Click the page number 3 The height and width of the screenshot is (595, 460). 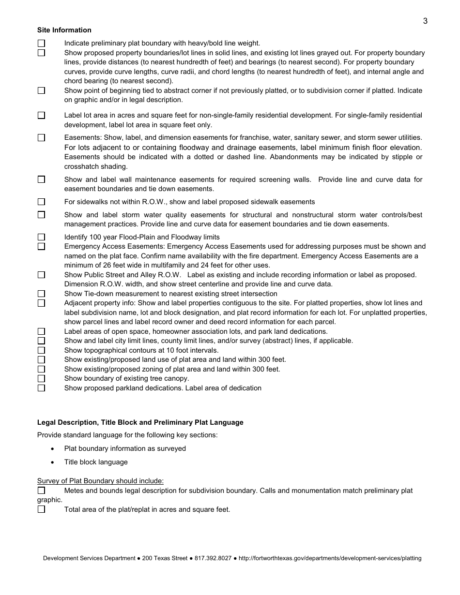(x=425, y=21)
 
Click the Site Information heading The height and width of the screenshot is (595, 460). (x=64, y=30)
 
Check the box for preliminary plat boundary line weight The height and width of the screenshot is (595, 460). (x=41, y=43)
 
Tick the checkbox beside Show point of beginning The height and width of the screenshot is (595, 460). (x=41, y=90)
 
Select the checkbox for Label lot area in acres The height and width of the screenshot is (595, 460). (x=41, y=115)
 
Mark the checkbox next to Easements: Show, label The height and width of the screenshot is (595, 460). (x=41, y=138)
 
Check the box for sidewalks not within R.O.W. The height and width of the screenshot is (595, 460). (x=41, y=202)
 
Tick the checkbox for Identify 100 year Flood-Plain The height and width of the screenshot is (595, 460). (x=41, y=237)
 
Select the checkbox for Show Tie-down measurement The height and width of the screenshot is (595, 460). (x=41, y=294)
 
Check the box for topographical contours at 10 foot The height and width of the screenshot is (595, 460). (x=41, y=350)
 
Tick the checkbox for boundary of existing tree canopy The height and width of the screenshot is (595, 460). (x=41, y=378)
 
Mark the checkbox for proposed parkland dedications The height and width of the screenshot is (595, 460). (x=41, y=388)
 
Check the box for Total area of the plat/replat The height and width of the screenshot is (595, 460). (x=41, y=509)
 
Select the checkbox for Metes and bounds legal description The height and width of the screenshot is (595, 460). (x=41, y=491)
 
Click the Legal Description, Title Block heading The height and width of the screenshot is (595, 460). (x=140, y=422)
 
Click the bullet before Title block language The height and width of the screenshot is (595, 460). (x=53, y=462)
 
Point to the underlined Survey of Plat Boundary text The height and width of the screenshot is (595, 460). (x=100, y=481)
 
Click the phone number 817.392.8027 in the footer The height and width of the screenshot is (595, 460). (x=213, y=558)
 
